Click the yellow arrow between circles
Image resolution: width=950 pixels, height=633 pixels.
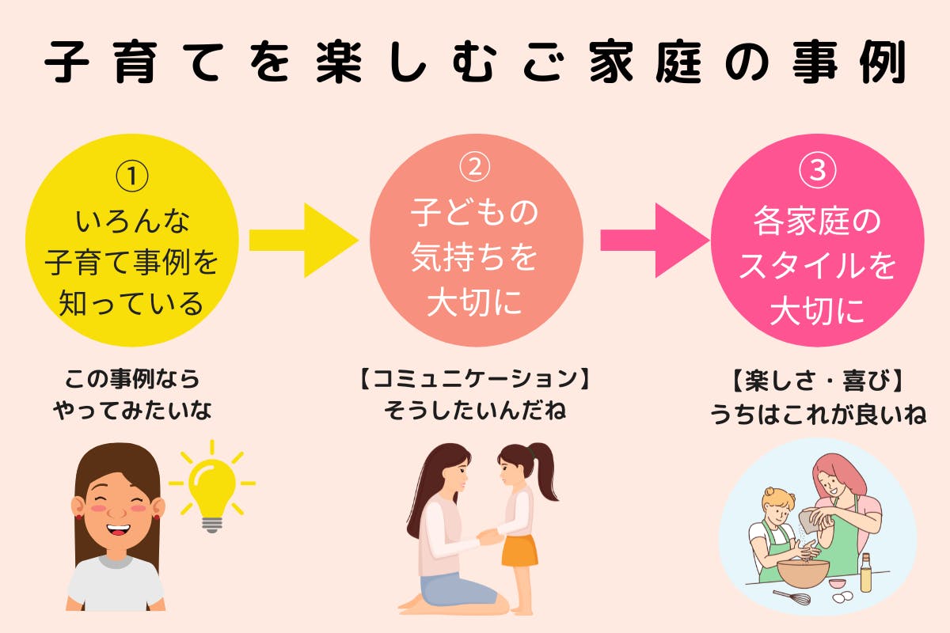[x=304, y=241]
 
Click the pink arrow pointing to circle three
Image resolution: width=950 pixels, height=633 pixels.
[x=655, y=241]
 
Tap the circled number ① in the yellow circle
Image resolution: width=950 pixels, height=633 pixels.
[x=132, y=176]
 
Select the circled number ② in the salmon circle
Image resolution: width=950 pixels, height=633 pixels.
[x=475, y=167]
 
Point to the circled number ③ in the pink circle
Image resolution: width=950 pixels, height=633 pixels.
[x=818, y=170]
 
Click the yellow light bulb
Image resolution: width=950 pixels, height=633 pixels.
[x=212, y=492]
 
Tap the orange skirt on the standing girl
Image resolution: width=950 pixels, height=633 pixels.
[x=519, y=551]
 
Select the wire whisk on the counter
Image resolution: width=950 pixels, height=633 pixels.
[x=792, y=597]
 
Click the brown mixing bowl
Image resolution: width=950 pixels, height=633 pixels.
[x=803, y=573]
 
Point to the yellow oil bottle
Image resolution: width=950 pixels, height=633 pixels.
[x=865, y=573]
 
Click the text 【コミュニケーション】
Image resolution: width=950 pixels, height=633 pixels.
[x=474, y=378]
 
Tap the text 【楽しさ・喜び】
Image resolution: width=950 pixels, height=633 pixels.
[x=817, y=381]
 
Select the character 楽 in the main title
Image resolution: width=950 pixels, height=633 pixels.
[x=339, y=62]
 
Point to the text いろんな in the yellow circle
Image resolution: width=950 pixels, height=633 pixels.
[x=132, y=222]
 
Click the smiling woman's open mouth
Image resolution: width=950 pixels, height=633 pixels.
[x=118, y=530]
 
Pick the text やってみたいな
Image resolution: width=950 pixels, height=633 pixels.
[x=132, y=411]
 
